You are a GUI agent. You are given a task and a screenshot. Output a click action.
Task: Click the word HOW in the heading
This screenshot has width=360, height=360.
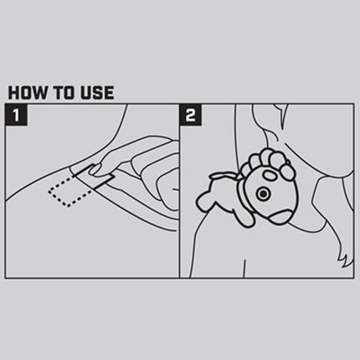[28, 93]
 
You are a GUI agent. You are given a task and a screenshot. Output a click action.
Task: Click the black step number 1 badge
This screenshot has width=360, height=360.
[16, 115]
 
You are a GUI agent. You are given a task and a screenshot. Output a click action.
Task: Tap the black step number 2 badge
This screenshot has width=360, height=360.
[191, 115]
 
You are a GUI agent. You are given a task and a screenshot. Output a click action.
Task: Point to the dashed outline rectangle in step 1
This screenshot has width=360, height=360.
[69, 193]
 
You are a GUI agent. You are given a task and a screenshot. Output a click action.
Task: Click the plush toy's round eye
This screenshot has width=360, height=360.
[263, 193]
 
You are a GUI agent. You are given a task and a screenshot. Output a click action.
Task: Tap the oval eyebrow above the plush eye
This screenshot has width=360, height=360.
[270, 176]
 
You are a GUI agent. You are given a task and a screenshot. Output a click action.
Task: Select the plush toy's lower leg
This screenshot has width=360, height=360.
[242, 217]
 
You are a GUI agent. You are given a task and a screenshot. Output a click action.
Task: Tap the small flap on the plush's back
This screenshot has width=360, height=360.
[224, 176]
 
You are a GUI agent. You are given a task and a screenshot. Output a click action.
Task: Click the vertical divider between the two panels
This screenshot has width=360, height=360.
[179, 191]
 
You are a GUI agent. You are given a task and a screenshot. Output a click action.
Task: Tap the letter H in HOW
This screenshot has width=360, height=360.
[14, 93]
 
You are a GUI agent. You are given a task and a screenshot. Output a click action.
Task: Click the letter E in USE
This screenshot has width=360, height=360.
[109, 93]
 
